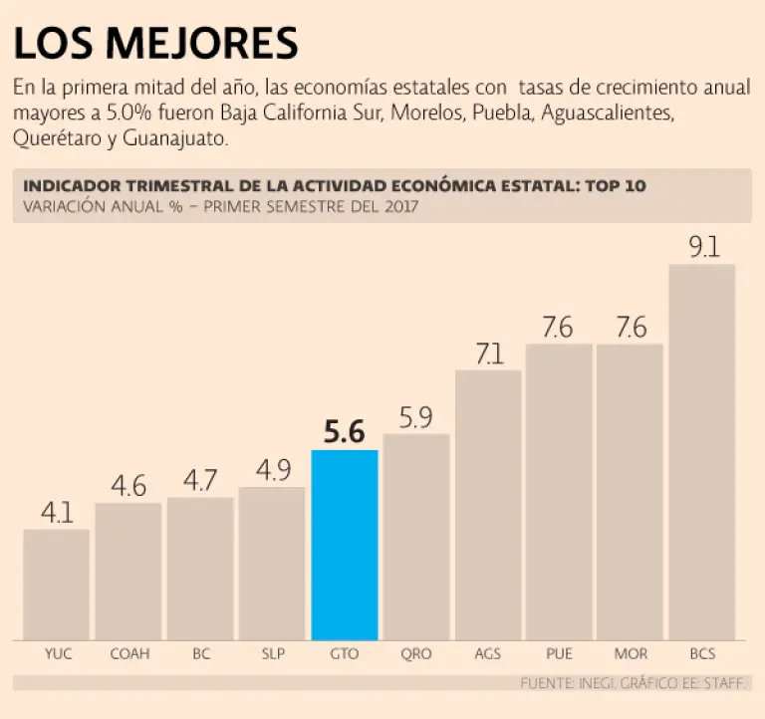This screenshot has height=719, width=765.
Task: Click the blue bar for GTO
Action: tap(345, 545)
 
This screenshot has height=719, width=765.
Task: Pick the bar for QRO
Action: tap(416, 537)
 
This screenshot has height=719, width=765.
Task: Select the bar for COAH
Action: tap(128, 572)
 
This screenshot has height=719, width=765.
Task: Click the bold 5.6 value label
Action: tap(345, 433)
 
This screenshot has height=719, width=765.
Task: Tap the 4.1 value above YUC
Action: tap(57, 513)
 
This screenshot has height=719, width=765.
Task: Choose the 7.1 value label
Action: tap(488, 354)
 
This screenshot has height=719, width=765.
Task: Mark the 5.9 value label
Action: tap(416, 418)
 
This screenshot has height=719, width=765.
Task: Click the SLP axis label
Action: tap(272, 654)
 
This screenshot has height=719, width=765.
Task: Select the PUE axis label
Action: tap(559, 654)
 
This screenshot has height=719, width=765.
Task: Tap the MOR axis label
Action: tap(631, 654)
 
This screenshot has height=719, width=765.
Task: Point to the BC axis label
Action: tap(200, 654)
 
